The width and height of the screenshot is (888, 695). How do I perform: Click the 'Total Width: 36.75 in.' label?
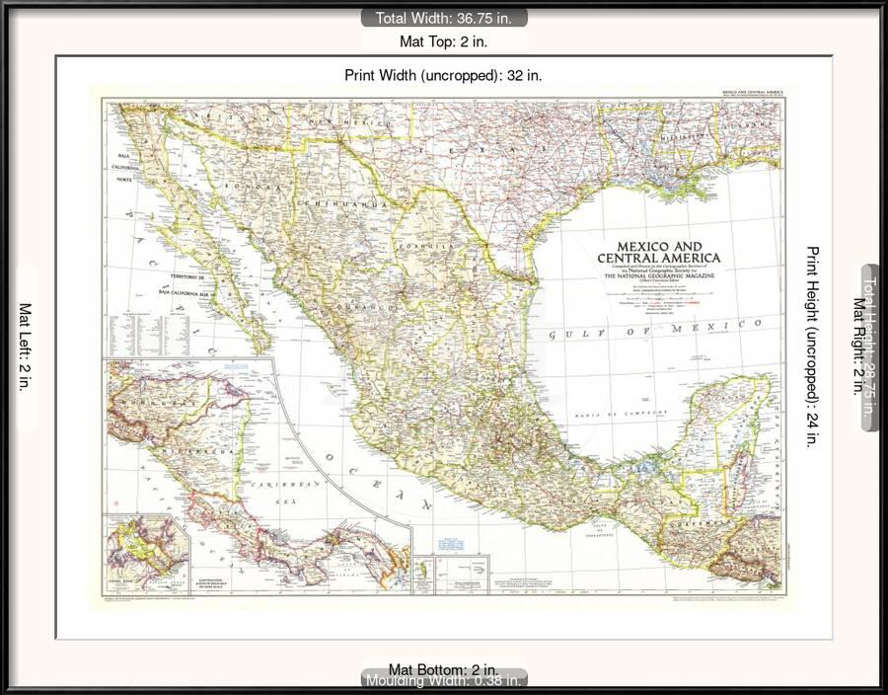tap(443, 17)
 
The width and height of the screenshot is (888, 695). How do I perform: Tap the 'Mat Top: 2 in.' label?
tap(443, 41)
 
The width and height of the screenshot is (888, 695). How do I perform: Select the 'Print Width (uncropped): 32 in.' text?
tap(443, 74)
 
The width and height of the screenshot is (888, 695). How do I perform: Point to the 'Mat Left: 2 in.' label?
tap(25, 347)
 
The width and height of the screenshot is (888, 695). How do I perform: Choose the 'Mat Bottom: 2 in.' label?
tap(443, 669)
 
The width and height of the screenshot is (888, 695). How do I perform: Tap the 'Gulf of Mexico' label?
tap(656, 329)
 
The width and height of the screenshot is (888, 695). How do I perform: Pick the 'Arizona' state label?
tap(225, 117)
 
